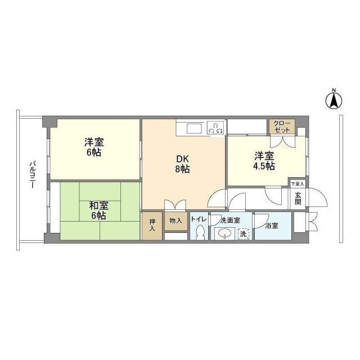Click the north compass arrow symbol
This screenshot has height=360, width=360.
coord(334,100)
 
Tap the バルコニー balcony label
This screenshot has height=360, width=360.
coord(32,175)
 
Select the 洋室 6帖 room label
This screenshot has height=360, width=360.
coord(94,147)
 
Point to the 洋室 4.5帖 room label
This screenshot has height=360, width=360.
coord(264,161)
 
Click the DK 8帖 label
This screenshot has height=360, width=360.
coord(182,164)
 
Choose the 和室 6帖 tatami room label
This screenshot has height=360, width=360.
coord(98,210)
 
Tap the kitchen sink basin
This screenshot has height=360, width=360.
coord(194,128)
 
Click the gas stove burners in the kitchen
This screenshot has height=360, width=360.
coord(216,128)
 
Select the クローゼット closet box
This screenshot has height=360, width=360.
coord(282,127)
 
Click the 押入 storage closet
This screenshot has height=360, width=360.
coord(152,226)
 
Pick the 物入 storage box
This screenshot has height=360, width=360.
coord(176,221)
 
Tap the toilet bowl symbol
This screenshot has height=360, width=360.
coord(200,232)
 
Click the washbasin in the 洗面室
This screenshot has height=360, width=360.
coord(224,234)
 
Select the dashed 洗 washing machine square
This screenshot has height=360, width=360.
coord(244,234)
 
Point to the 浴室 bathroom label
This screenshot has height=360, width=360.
coord(272,226)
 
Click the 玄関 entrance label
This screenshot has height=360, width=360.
coord(298,199)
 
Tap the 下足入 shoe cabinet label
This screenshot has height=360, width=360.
coord(298,184)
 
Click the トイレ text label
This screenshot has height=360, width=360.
coord(199,219)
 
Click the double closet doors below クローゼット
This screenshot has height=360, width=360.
coord(282,142)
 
